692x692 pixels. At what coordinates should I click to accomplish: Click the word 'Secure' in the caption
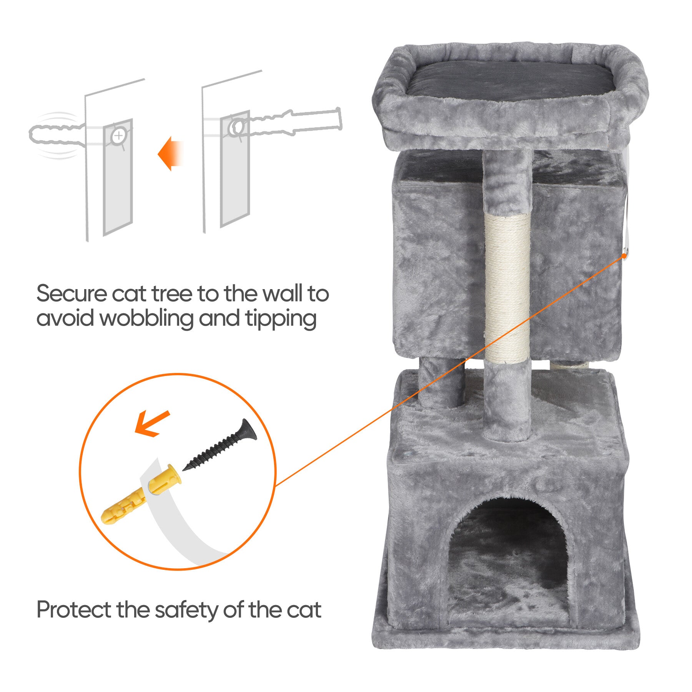(x=72, y=294)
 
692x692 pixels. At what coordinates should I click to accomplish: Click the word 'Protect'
(x=73, y=610)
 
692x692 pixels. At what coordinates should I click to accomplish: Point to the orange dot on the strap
(x=624, y=255)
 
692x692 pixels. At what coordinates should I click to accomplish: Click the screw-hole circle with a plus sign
(x=119, y=135)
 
